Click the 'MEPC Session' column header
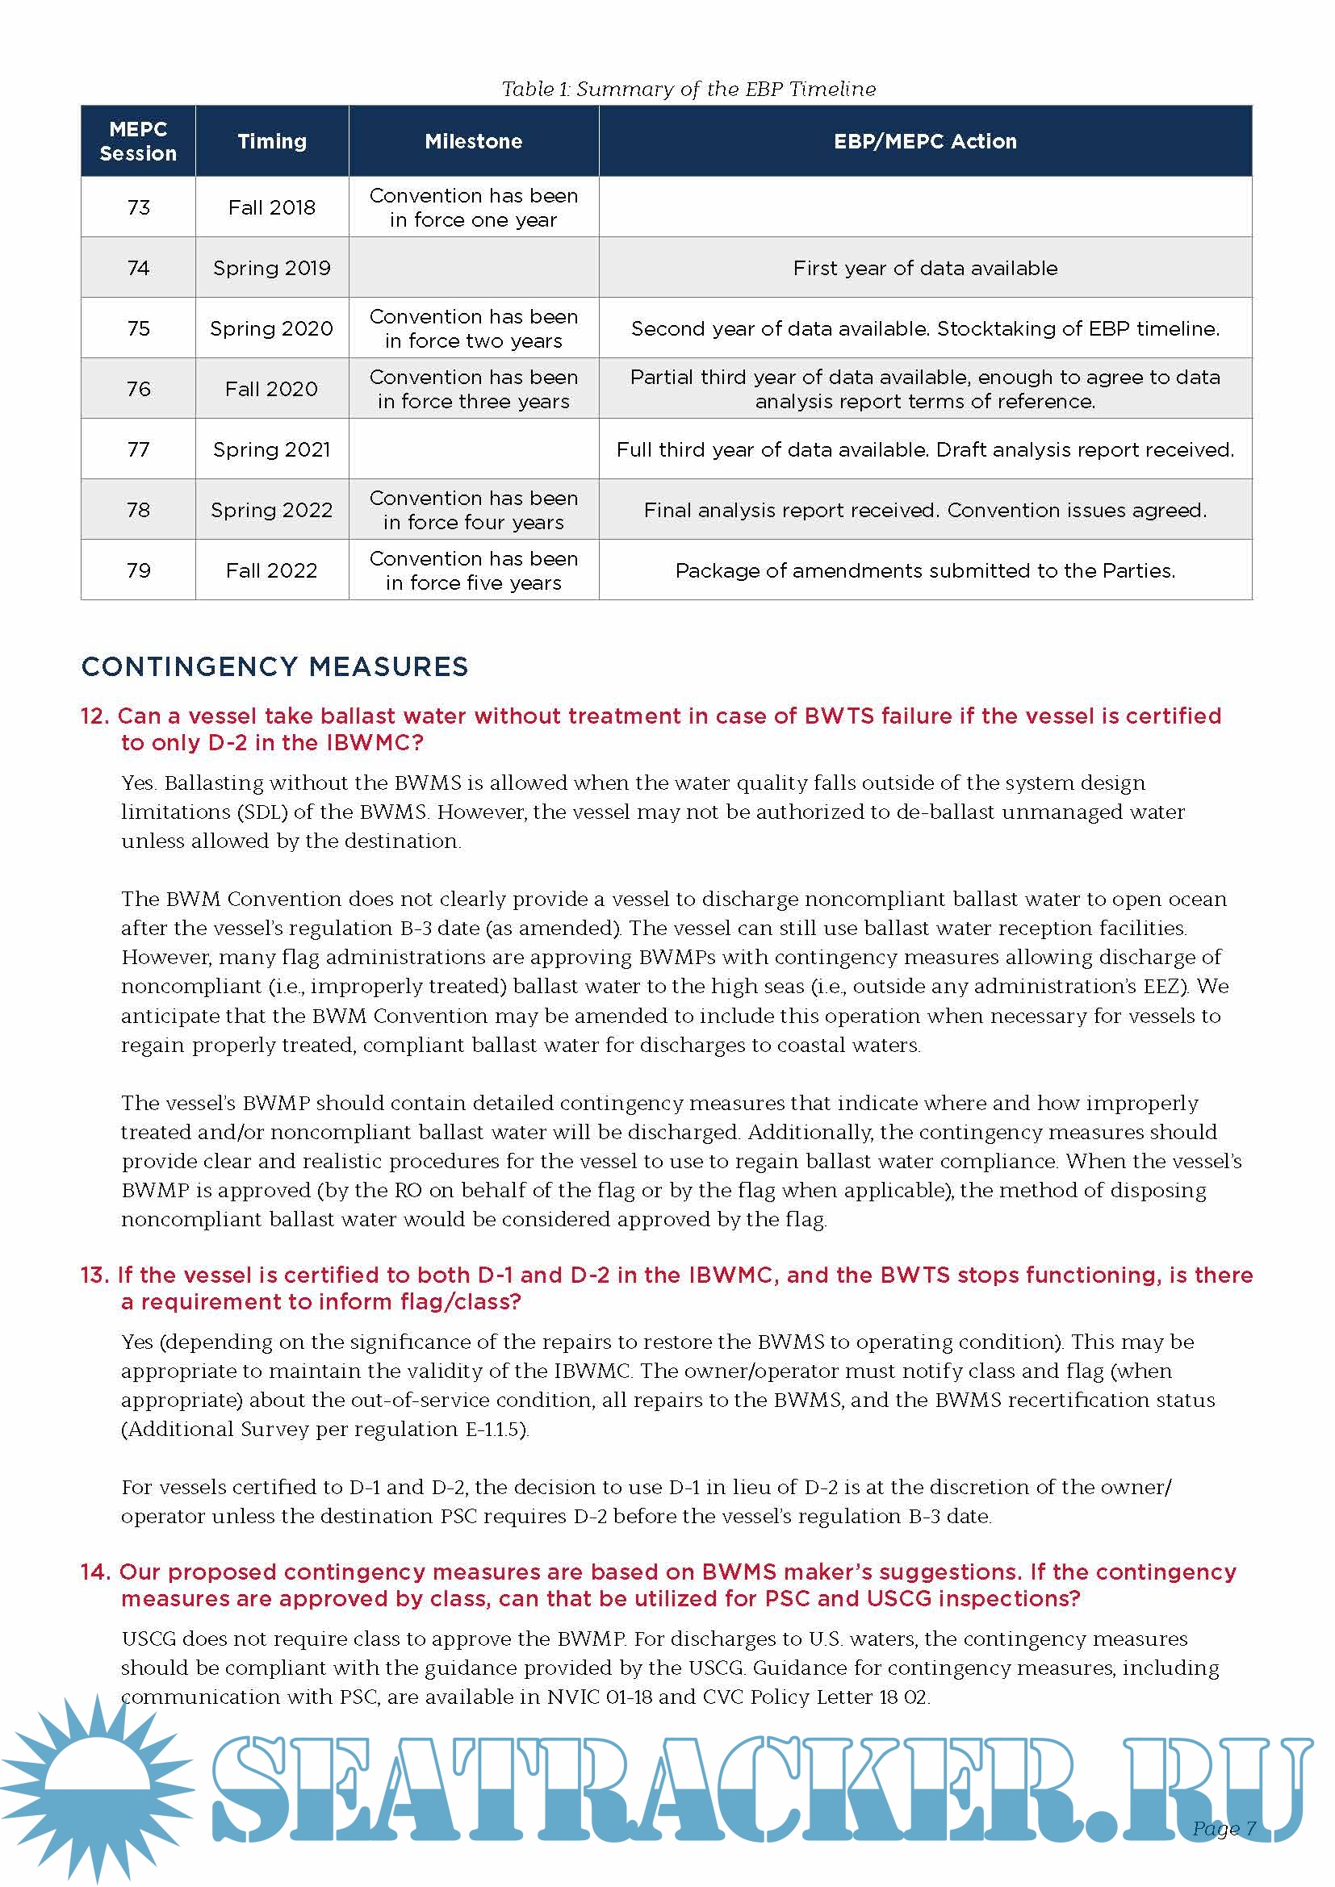pos(138,141)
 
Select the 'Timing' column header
pos(271,141)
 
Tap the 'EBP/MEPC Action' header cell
pos(925,141)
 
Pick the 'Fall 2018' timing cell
pos(271,207)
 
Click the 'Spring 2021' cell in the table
pos(271,449)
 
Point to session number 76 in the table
pos(138,389)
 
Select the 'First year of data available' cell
pos(925,268)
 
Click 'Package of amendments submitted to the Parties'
pos(925,570)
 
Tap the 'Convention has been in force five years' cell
pos(474,570)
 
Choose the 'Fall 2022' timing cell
pos(271,570)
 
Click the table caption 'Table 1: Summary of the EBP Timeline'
pos(688,89)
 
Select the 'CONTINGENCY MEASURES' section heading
pos(274,666)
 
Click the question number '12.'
pos(94,716)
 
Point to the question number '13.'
pos(94,1275)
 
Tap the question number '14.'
pos(95,1572)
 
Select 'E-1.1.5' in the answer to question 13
pos(494,1430)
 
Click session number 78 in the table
pos(138,510)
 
